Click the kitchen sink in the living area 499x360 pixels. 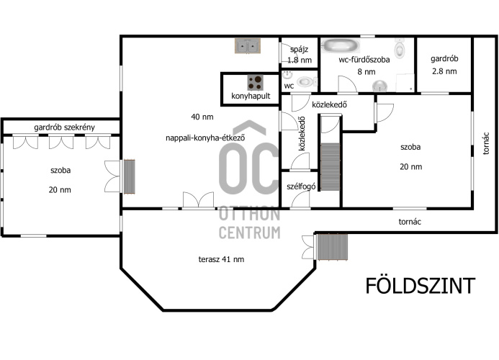[x=248, y=46]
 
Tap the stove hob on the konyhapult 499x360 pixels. [x=256, y=83]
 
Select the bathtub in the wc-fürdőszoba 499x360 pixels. [x=340, y=45]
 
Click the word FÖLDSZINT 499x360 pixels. [x=420, y=286]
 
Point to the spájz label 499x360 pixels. [x=299, y=50]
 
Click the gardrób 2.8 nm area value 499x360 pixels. [x=444, y=71]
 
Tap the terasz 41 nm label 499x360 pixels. [x=221, y=259]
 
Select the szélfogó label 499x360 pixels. [x=301, y=186]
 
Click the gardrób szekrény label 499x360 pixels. [x=64, y=127]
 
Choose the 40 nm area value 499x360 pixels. [x=202, y=117]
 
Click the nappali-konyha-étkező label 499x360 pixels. [x=205, y=138]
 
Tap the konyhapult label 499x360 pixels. [x=251, y=96]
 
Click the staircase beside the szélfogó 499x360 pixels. [x=331, y=167]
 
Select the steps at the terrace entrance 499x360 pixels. [x=332, y=248]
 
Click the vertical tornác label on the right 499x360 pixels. [x=485, y=143]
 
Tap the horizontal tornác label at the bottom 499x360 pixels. [x=410, y=222]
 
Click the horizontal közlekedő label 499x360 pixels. [x=329, y=104]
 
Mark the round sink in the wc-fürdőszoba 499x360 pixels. [x=380, y=85]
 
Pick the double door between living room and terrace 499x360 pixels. [x=198, y=200]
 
